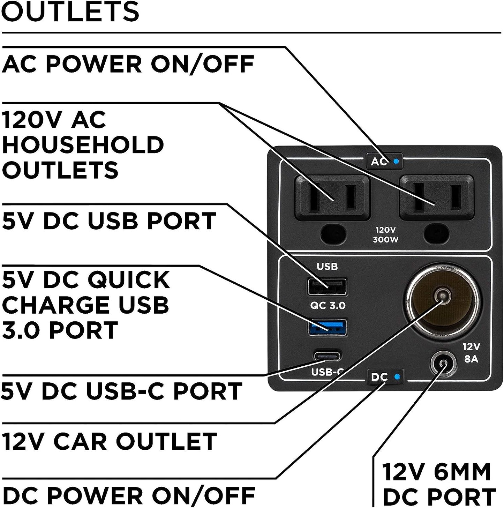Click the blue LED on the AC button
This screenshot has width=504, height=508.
(x=396, y=162)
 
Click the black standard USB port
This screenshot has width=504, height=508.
(x=327, y=286)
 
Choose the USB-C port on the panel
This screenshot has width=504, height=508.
(x=327, y=356)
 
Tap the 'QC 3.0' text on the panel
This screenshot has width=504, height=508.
(x=328, y=306)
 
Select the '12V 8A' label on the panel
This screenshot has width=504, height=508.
(x=471, y=352)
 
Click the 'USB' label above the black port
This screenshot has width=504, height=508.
(x=327, y=267)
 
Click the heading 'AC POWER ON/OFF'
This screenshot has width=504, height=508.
(x=128, y=64)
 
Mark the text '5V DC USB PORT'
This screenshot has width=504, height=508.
(x=109, y=221)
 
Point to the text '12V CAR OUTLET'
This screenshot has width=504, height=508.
(x=109, y=441)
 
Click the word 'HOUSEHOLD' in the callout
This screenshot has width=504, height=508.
(x=83, y=145)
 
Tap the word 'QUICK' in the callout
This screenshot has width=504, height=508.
(x=128, y=280)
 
